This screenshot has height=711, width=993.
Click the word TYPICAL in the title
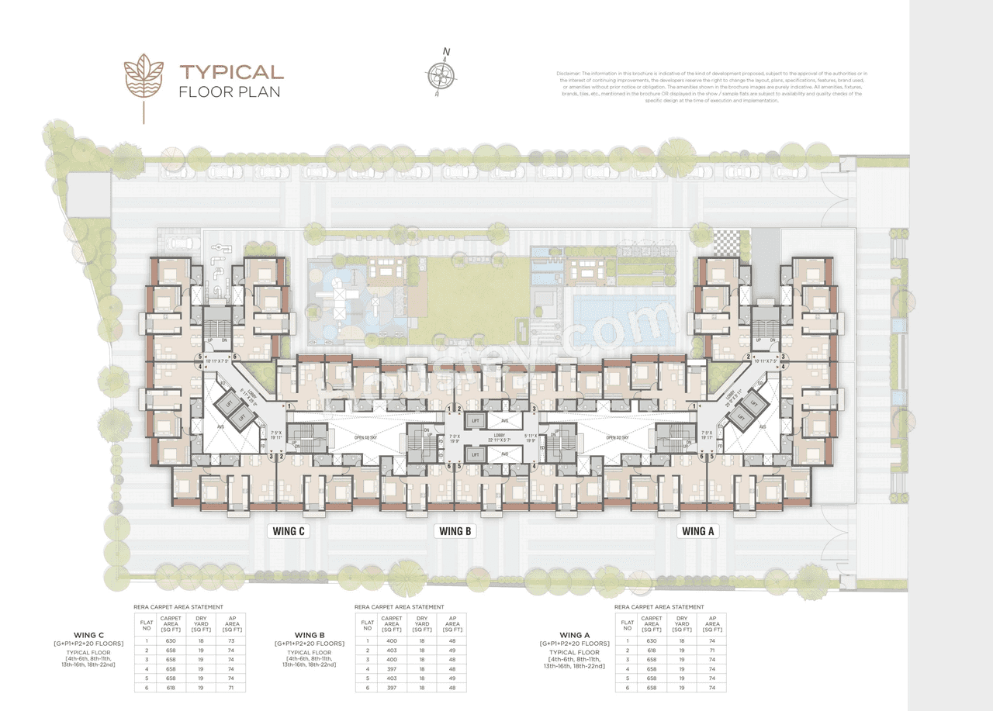[232, 73]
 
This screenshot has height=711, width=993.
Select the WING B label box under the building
[455, 531]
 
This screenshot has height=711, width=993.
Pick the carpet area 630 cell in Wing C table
[170, 641]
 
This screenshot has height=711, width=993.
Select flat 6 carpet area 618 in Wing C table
[170, 687]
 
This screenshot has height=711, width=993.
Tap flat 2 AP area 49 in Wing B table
[452, 651]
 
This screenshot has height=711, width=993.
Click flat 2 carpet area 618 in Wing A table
[652, 651]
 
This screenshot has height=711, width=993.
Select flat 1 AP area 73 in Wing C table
[230, 641]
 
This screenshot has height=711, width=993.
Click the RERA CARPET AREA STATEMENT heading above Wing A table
[659, 607]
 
